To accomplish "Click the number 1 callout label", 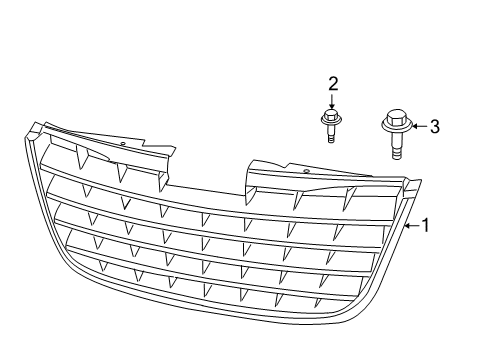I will coord(425,226).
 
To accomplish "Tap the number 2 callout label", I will coord(333,84).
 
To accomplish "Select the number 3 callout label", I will coord(434,127).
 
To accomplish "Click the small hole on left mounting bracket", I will coord(123,144).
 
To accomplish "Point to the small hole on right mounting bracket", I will coord(304,173).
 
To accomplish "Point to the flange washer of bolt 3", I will coord(393,130).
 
